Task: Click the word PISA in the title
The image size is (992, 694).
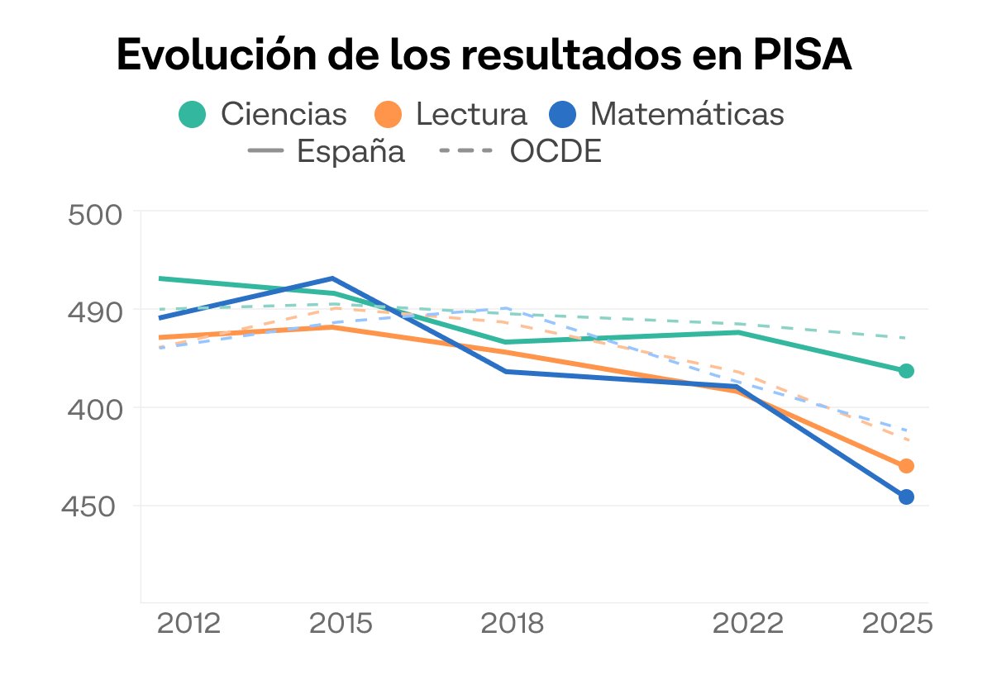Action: tap(803, 55)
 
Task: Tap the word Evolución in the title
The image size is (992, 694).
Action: tap(217, 54)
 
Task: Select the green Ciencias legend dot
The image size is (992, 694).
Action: tap(192, 114)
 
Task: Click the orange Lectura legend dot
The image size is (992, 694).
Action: tap(388, 114)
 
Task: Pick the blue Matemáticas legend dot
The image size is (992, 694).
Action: tap(562, 114)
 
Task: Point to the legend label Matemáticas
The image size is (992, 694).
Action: tap(687, 114)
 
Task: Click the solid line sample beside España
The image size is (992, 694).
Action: tap(265, 150)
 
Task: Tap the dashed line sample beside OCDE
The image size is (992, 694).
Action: tap(465, 150)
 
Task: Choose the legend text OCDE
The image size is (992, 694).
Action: tap(556, 151)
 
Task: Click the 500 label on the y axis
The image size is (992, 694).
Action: tap(95, 216)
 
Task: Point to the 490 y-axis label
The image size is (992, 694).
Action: tap(95, 313)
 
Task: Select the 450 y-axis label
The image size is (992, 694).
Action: tap(88, 506)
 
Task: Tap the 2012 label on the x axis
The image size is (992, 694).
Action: tap(188, 624)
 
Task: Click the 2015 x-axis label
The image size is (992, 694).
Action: tap(341, 624)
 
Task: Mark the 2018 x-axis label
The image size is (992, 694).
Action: tap(512, 624)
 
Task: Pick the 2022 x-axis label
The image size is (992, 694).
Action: tap(748, 624)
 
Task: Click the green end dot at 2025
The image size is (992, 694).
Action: tap(906, 371)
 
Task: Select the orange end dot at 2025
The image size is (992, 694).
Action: tap(906, 466)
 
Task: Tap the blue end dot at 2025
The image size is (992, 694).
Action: tap(906, 497)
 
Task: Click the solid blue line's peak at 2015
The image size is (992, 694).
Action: tap(332, 278)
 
